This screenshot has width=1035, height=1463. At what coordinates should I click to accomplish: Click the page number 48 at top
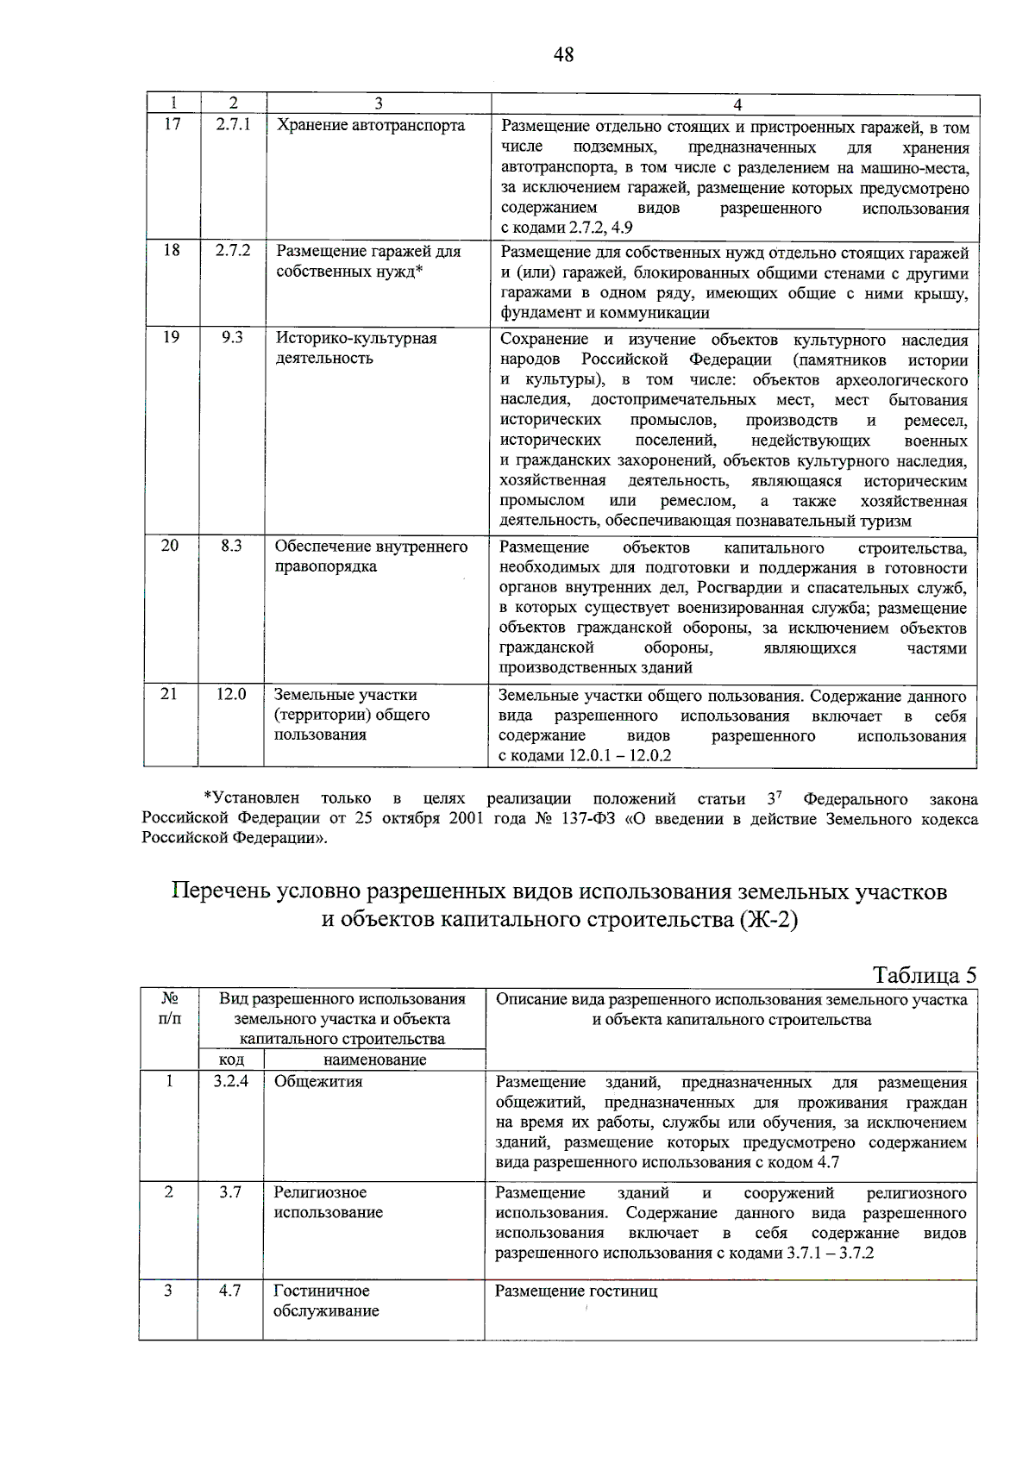pyautogui.click(x=563, y=55)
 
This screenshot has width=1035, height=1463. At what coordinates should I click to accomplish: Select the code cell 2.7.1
pyautogui.click(x=233, y=124)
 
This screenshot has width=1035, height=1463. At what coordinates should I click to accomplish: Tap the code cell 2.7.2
pyautogui.click(x=233, y=250)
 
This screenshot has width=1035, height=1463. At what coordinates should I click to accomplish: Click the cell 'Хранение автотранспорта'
pyautogui.click(x=370, y=125)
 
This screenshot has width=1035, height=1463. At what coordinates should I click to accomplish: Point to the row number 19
pyautogui.click(x=172, y=337)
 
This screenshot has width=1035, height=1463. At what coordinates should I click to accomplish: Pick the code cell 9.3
pyautogui.click(x=232, y=337)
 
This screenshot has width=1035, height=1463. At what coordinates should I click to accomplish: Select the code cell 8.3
pyautogui.click(x=231, y=546)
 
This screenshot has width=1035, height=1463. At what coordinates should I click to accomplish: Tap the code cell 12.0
pyautogui.click(x=231, y=694)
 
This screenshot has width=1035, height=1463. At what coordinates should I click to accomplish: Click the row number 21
pyautogui.click(x=170, y=694)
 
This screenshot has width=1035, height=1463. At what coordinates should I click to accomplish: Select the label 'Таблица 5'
pyautogui.click(x=925, y=975)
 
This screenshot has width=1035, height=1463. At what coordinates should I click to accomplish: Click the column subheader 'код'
pyautogui.click(x=231, y=1060)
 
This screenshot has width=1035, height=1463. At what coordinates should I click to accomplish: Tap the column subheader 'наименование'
pyautogui.click(x=374, y=1060)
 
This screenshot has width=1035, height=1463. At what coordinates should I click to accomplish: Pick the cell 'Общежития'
pyautogui.click(x=318, y=1081)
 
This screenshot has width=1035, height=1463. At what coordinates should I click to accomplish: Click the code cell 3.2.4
pyautogui.click(x=231, y=1081)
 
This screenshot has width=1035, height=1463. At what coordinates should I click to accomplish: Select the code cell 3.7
pyautogui.click(x=230, y=1192)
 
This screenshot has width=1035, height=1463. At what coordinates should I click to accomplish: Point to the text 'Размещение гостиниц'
pyautogui.click(x=576, y=1291)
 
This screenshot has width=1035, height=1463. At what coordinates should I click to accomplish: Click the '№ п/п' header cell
pyautogui.click(x=170, y=1009)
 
